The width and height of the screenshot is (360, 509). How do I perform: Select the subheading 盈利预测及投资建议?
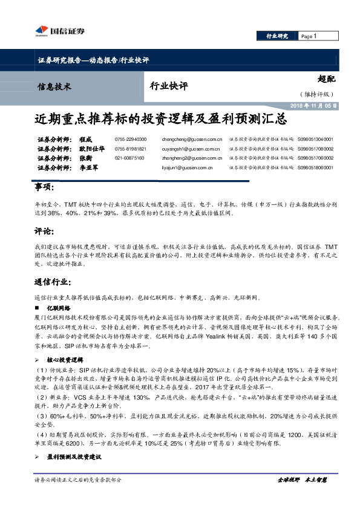pyautogui.click(x=82, y=456)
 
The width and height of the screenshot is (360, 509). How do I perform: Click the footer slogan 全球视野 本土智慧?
pyautogui.click(x=302, y=479)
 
